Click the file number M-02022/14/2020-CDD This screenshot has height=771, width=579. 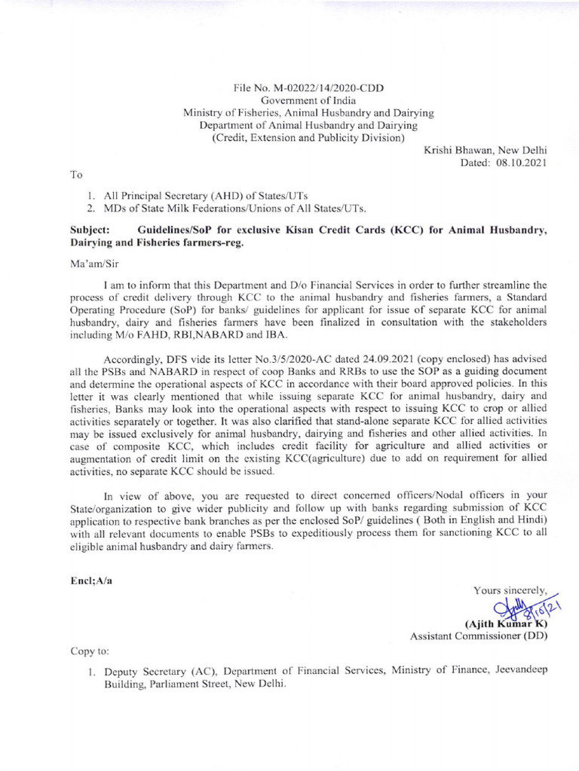[330, 88]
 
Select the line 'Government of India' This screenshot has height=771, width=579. [308, 100]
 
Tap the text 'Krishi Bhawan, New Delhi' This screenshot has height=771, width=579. [486, 150]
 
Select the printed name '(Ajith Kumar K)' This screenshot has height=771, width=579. [505, 623]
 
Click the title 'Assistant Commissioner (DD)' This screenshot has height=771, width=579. [479, 636]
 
